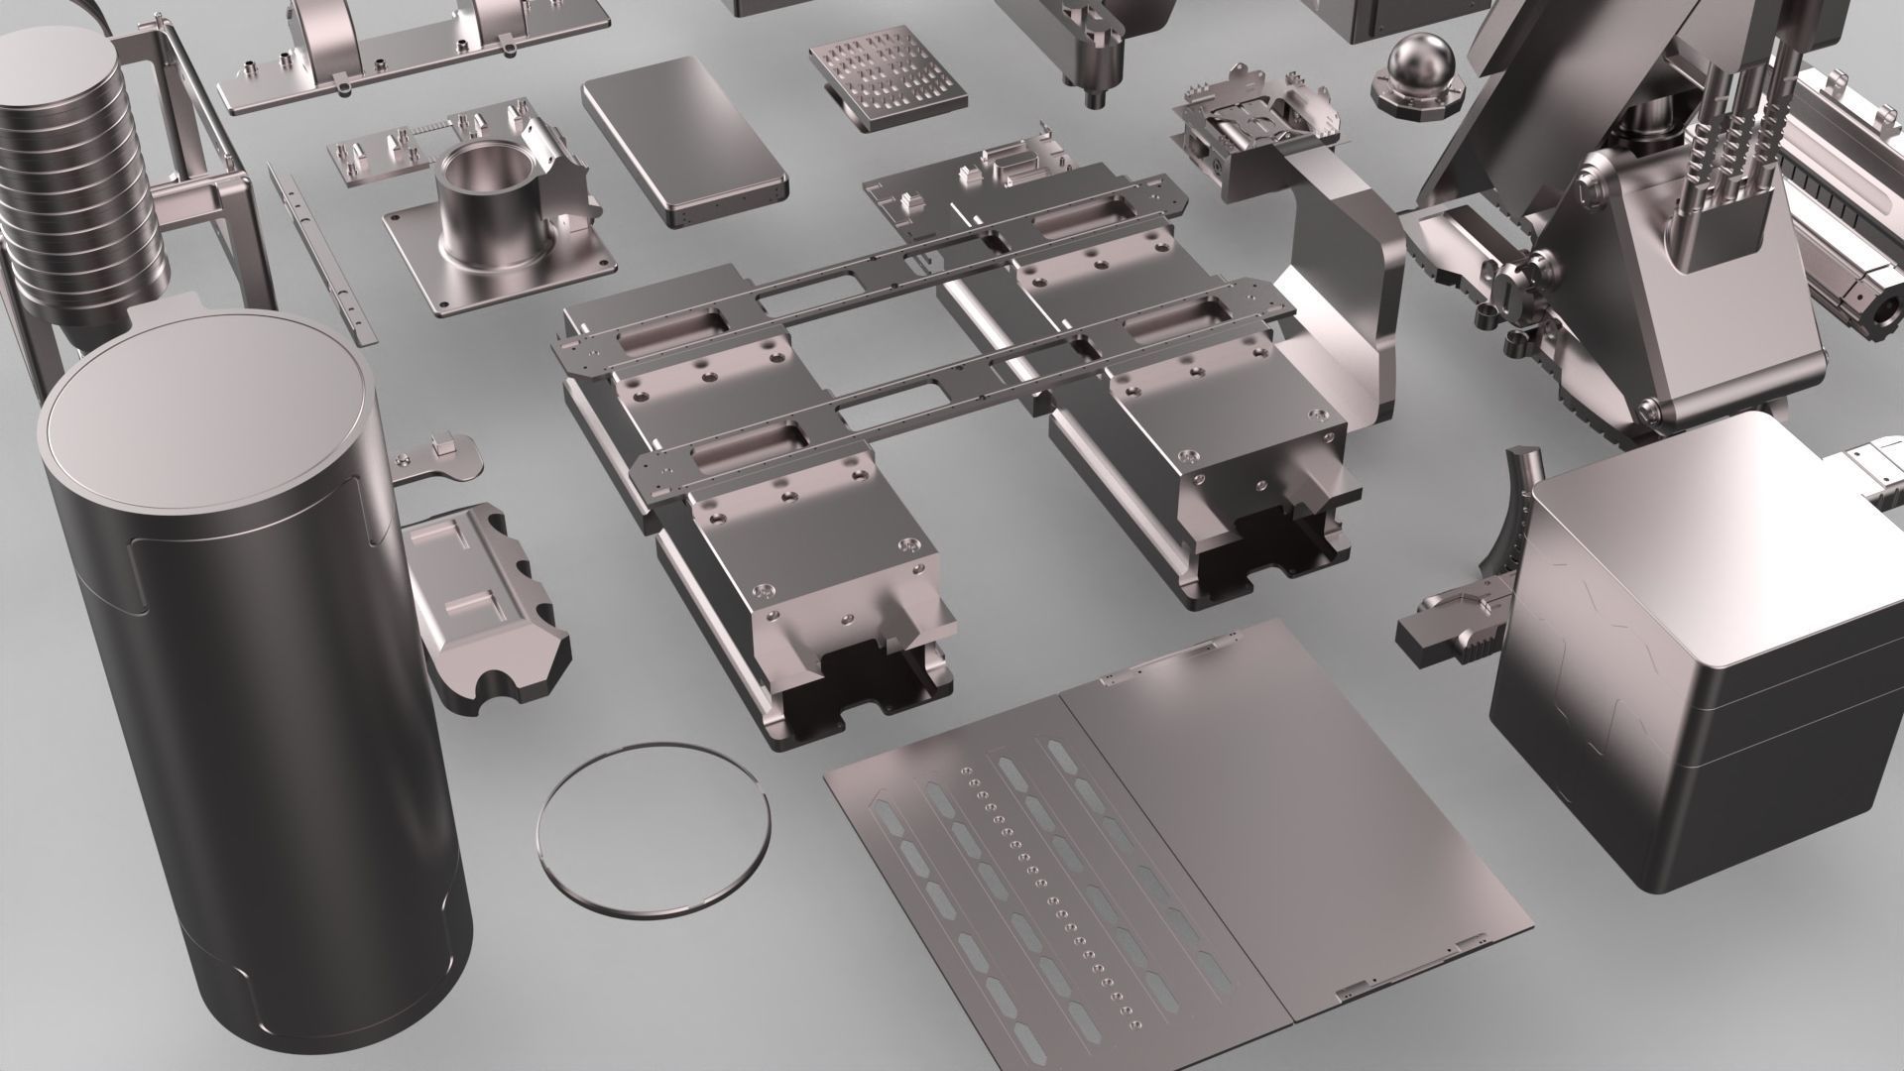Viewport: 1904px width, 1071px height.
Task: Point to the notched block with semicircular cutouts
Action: (486, 605)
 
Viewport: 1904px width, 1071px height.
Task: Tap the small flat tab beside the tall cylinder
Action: (436, 461)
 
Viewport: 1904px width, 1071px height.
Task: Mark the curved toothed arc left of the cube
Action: (1512, 535)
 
